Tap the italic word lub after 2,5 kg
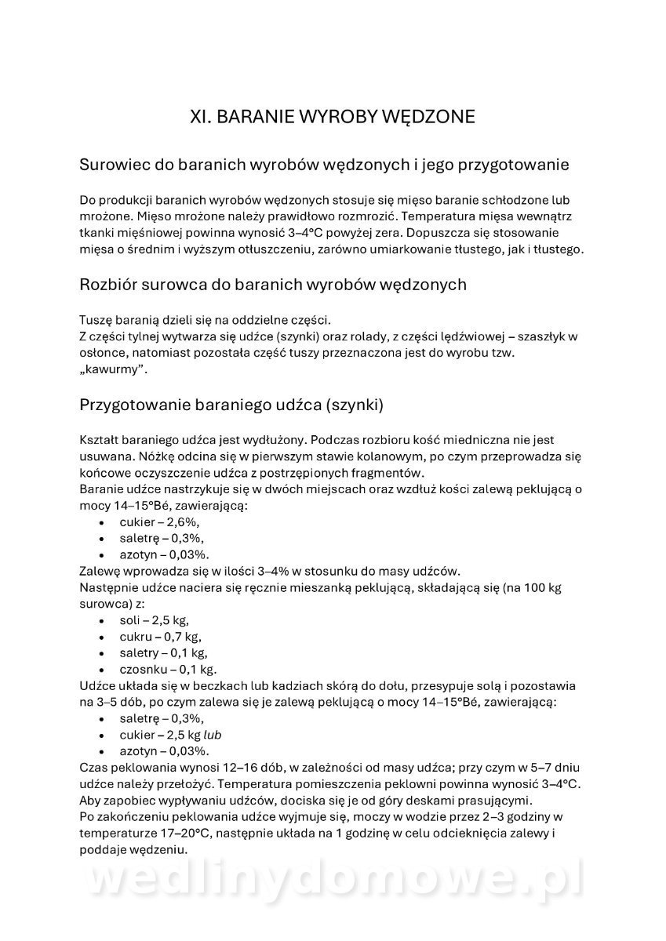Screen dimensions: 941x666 [x=213, y=735]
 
